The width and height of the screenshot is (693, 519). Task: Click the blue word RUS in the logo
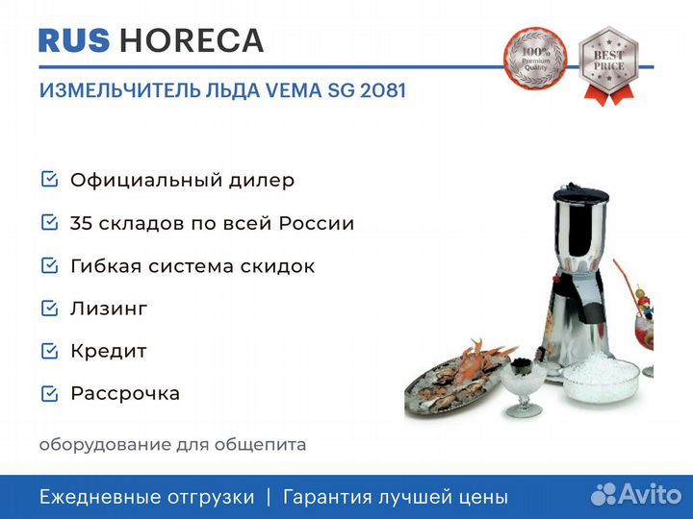click(x=74, y=40)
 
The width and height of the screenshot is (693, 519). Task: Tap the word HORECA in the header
click(x=192, y=40)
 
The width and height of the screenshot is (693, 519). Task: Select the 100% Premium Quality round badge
click(x=535, y=59)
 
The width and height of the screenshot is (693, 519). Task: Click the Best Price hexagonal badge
click(x=608, y=66)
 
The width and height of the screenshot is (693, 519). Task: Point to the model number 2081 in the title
click(x=383, y=90)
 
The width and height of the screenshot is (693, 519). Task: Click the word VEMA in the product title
click(x=293, y=90)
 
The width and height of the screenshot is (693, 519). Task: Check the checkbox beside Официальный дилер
click(x=49, y=179)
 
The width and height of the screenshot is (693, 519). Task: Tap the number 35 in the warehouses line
click(x=81, y=223)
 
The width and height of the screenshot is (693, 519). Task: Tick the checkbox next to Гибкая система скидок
click(x=49, y=265)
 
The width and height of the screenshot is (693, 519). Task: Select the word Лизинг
click(x=109, y=309)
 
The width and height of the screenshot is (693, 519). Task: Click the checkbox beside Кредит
click(x=49, y=351)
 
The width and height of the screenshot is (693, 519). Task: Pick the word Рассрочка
click(x=125, y=394)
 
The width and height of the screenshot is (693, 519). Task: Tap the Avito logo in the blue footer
click(x=636, y=494)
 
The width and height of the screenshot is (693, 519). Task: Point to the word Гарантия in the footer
click(x=327, y=498)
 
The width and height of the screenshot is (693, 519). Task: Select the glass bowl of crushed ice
click(x=601, y=379)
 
